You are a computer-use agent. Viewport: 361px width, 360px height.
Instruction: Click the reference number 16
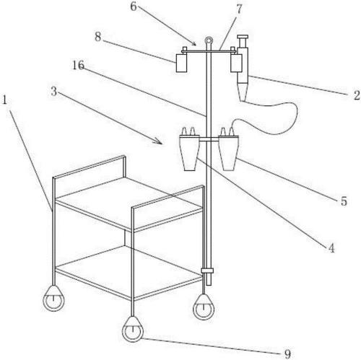pyautogui.click(x=79, y=65)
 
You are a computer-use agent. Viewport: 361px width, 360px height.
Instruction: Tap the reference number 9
pyautogui.click(x=287, y=354)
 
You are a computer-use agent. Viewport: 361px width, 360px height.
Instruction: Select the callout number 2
pyautogui.click(x=357, y=95)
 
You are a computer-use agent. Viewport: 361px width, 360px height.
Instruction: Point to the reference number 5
pyautogui.click(x=344, y=201)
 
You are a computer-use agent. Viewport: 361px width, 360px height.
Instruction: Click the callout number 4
pyautogui.click(x=331, y=248)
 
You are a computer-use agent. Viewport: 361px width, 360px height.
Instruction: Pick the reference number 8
pyautogui.click(x=97, y=37)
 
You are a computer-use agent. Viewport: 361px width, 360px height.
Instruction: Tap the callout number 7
pyautogui.click(x=239, y=9)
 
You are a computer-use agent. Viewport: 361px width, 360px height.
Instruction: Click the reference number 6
pyautogui.click(x=134, y=6)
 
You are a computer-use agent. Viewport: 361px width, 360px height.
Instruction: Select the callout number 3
pyautogui.click(x=54, y=92)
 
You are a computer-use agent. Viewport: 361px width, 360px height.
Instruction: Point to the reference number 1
pyautogui.click(x=4, y=100)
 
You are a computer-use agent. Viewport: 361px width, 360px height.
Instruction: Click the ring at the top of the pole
pyautogui.click(x=209, y=39)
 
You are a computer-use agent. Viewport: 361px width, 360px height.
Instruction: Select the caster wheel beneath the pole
pyautogui.click(x=204, y=308)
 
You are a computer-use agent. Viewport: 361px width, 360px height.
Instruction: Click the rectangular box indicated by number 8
pyautogui.click(x=181, y=63)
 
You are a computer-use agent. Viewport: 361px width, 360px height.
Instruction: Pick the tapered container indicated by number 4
pyautogui.click(x=190, y=153)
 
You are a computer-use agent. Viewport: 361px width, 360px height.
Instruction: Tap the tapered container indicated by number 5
pyautogui.click(x=228, y=153)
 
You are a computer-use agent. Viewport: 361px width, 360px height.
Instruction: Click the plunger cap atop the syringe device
pyautogui.click(x=243, y=37)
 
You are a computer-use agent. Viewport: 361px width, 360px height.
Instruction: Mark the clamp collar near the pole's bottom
pyautogui.click(x=207, y=271)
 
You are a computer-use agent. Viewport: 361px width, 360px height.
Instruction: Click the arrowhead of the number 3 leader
pyautogui.click(x=160, y=141)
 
